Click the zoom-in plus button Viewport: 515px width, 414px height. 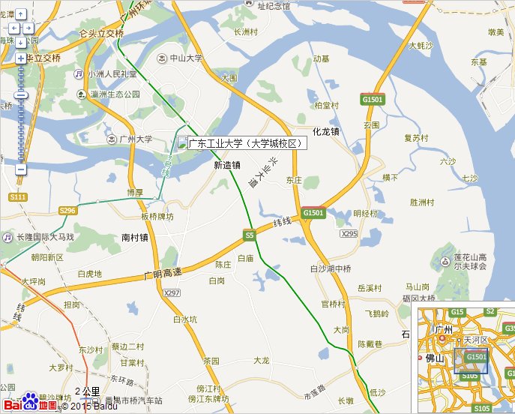click(x=21, y=58)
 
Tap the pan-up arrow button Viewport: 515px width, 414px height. click(x=21, y=14)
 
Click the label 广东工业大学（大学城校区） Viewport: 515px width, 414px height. click(x=244, y=143)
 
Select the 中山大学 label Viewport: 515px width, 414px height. click(x=183, y=58)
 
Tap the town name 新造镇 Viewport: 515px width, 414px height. click(x=226, y=165)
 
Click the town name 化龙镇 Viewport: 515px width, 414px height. click(x=326, y=131)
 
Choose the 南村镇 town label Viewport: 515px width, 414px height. click(x=135, y=238)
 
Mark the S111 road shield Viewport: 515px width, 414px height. click(x=18, y=196)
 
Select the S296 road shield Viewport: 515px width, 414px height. click(x=67, y=211)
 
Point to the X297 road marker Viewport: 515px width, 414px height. click(x=172, y=292)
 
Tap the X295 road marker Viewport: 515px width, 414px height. click(x=349, y=234)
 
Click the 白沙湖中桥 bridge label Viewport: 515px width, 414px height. click(x=330, y=268)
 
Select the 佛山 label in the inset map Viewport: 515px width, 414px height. click(x=436, y=358)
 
